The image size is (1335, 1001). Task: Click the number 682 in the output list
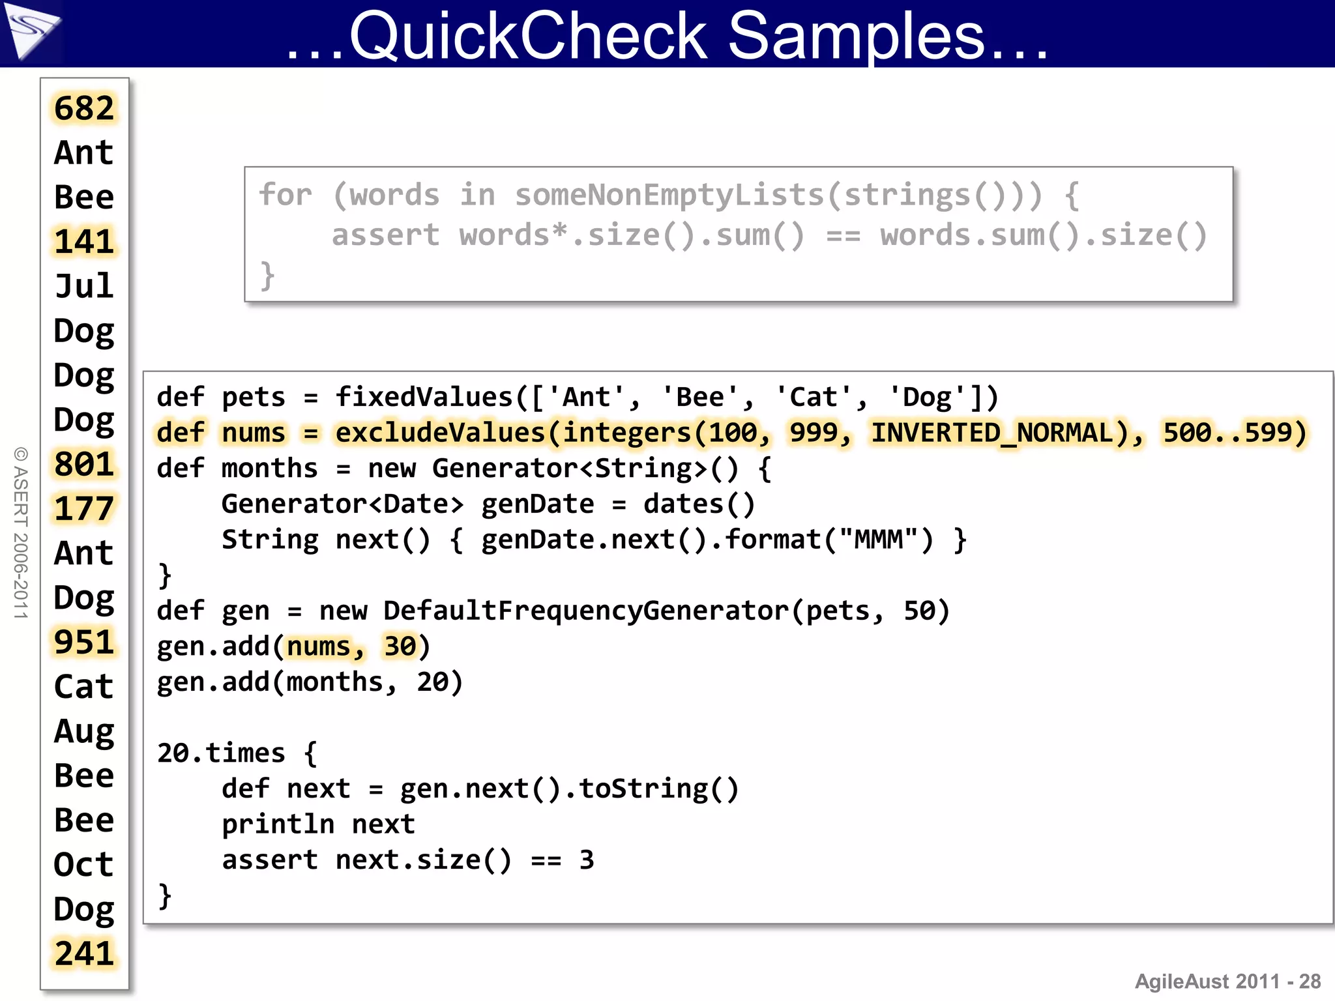(84, 108)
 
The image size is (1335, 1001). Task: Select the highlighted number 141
(84, 242)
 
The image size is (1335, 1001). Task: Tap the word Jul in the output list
(84, 286)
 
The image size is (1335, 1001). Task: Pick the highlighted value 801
(84, 464)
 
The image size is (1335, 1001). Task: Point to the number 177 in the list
(84, 509)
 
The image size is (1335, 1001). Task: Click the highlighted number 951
(84, 643)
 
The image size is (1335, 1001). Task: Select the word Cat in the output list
(84, 687)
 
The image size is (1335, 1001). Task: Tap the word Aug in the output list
(84, 731)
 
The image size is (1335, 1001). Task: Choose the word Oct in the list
(84, 865)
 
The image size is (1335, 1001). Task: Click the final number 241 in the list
(84, 954)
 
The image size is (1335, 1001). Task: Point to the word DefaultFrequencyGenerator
(585, 611)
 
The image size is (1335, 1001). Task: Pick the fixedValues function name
(424, 398)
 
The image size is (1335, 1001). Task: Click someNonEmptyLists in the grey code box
(670, 195)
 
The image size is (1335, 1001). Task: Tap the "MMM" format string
(878, 540)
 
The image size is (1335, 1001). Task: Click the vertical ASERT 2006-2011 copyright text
(21, 532)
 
